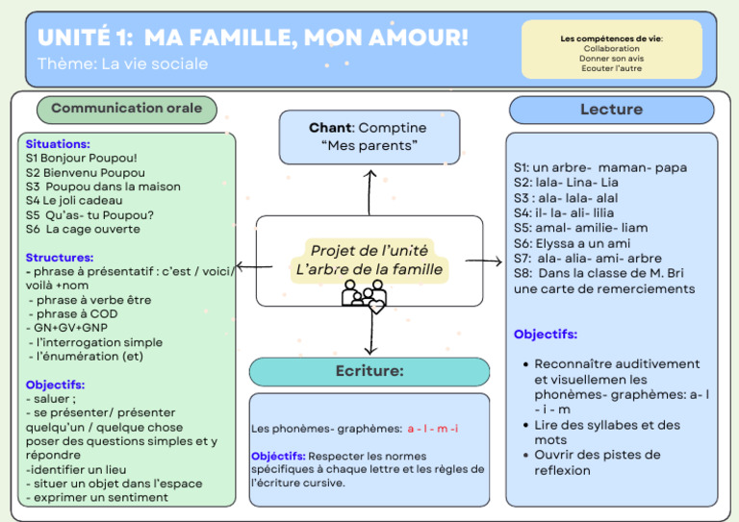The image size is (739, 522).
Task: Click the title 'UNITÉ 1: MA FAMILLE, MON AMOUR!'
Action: click(252, 37)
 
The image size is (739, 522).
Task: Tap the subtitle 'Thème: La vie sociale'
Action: click(122, 64)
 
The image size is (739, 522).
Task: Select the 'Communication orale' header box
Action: click(126, 109)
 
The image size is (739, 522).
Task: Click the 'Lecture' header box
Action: click(611, 110)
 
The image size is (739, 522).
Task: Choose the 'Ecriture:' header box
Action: click(369, 371)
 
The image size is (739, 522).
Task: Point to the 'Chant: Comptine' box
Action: click(369, 137)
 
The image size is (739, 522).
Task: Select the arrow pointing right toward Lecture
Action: click(485, 261)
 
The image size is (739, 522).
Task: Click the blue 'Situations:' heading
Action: click(58, 143)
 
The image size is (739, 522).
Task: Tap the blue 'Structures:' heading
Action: click(60, 258)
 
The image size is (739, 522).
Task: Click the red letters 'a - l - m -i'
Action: click(432, 429)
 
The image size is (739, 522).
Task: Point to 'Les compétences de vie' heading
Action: click(611, 38)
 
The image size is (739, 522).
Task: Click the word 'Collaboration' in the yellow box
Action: click(611, 48)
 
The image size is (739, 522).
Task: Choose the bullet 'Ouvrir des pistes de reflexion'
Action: click(597, 462)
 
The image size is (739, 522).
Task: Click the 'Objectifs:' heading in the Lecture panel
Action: click(546, 335)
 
